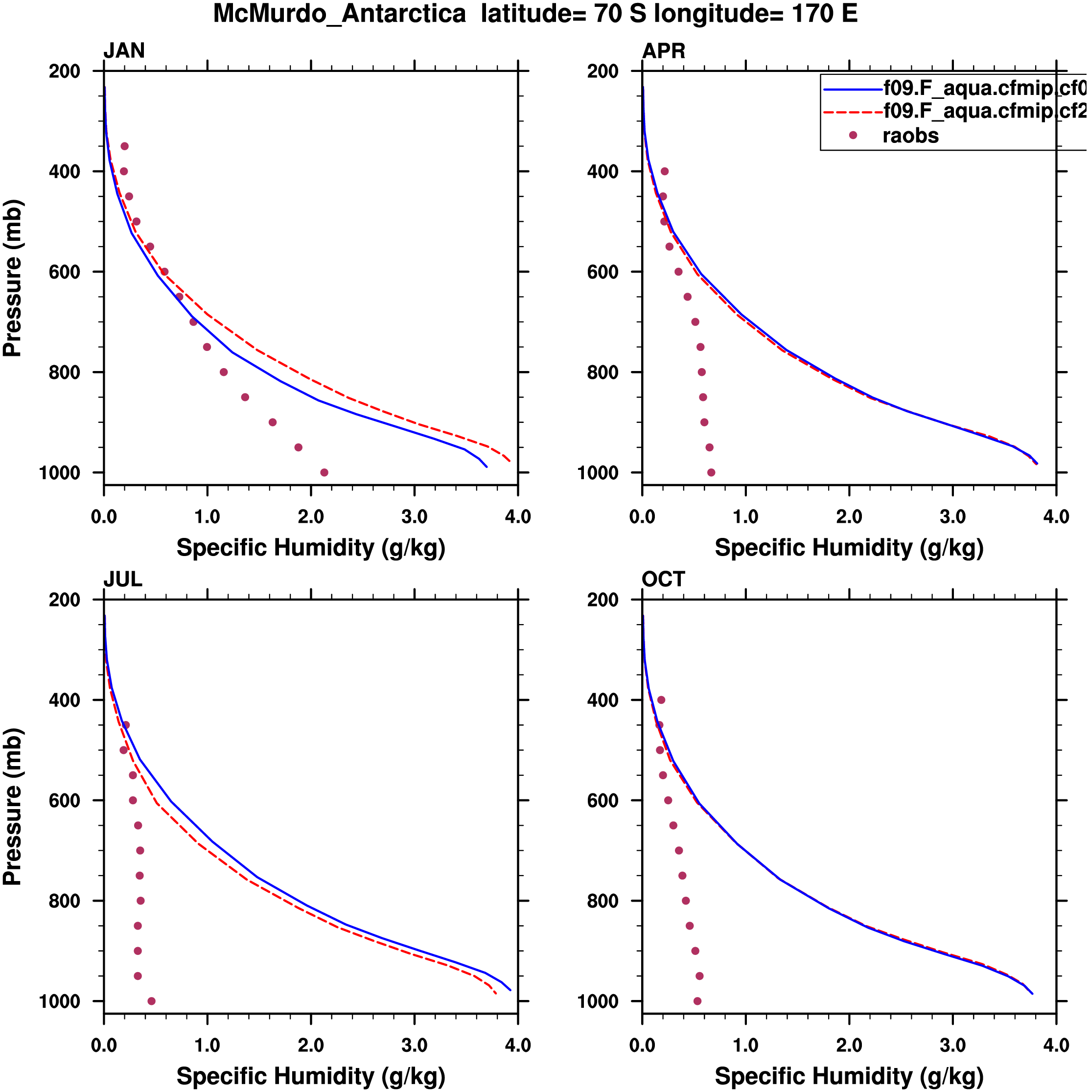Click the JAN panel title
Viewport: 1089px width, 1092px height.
(x=124, y=51)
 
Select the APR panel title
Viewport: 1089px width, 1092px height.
(x=664, y=51)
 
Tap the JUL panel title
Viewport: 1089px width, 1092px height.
(x=123, y=580)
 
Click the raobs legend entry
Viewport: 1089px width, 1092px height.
(x=910, y=136)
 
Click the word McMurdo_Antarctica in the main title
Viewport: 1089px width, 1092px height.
(x=339, y=14)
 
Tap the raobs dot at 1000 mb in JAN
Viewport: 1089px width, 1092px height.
(x=324, y=472)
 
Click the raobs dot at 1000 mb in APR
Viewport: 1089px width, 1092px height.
(x=711, y=472)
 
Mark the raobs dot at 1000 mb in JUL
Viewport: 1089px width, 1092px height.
(x=151, y=1001)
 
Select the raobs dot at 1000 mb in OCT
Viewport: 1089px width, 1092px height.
(x=697, y=1001)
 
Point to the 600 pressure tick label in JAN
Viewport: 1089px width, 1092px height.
(x=65, y=272)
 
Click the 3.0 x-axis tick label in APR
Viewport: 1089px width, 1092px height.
(x=953, y=516)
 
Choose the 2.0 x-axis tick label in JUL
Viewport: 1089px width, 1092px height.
(x=311, y=1045)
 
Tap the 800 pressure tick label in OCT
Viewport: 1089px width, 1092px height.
(x=602, y=901)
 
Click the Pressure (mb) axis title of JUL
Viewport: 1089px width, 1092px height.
(x=12, y=807)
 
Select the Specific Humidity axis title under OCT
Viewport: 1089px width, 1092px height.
(x=849, y=1076)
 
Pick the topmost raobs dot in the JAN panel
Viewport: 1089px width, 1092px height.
(x=124, y=146)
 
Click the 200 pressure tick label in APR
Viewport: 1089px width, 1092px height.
(x=602, y=71)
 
